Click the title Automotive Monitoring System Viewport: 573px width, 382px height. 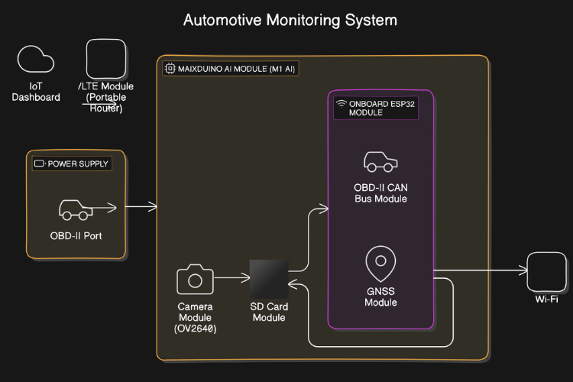pos(290,20)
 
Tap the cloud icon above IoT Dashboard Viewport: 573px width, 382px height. pos(36,60)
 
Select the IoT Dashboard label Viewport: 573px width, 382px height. pos(36,92)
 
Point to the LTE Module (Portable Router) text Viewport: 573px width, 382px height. pos(106,97)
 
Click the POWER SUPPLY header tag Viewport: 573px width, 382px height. pos(72,163)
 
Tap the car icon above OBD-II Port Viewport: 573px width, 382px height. pos(75,209)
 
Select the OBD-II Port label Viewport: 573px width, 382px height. pos(76,235)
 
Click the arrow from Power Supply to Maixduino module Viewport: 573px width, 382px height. pos(142,206)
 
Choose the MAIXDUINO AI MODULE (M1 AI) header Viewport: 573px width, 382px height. pos(230,69)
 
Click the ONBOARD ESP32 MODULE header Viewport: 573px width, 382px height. pos(380,106)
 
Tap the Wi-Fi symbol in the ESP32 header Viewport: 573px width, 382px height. pos(341,102)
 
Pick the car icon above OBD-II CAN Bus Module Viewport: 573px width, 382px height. pos(380,162)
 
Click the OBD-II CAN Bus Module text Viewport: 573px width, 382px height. pos(380,193)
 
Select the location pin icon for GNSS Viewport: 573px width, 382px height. pos(380,264)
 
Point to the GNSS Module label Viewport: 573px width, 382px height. pos(380,297)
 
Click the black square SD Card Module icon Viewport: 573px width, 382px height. pos(268,279)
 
